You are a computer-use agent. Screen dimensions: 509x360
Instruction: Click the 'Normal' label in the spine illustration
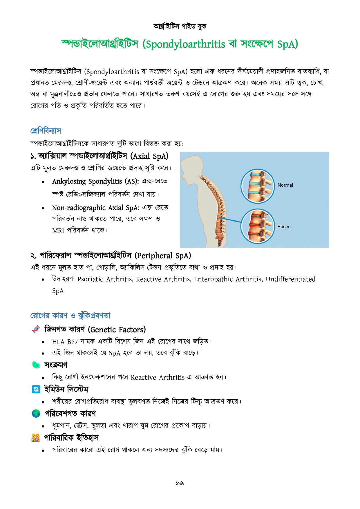(285, 185)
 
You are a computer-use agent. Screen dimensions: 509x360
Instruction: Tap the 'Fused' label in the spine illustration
(284, 227)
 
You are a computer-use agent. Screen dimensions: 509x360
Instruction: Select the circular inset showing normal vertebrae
(257, 186)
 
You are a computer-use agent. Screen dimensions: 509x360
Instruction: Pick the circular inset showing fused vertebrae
(257, 226)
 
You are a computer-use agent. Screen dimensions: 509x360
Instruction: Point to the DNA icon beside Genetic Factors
(36, 329)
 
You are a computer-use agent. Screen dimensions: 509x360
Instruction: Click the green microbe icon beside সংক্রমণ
(36, 365)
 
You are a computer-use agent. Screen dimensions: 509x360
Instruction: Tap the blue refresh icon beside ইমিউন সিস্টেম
(36, 389)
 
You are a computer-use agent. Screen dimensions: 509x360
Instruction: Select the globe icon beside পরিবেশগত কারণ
(36, 413)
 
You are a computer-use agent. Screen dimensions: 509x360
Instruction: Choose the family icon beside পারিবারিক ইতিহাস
(36, 438)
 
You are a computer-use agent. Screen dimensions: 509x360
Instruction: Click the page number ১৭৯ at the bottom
(180, 483)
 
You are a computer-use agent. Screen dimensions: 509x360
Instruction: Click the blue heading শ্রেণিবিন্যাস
(46, 131)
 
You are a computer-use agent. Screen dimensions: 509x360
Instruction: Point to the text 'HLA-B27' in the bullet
(65, 342)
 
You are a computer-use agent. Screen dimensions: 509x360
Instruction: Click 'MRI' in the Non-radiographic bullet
(58, 231)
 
